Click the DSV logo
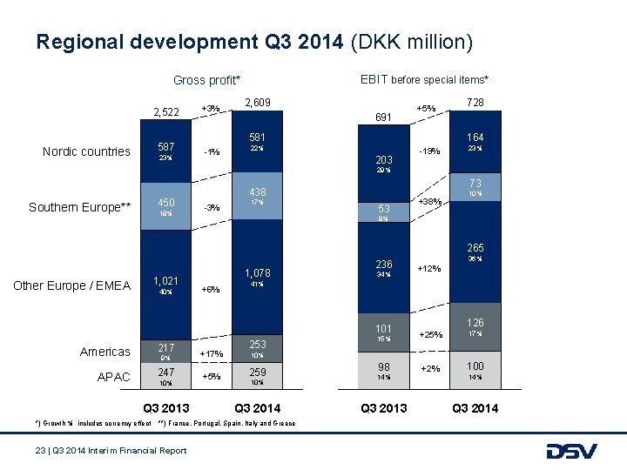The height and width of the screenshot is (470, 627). tap(571, 451)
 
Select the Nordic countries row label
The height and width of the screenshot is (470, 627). tap(87, 151)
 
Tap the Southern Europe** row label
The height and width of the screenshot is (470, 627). tap(79, 206)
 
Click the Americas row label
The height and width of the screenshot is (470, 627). tap(104, 352)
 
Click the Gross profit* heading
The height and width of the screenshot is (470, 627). tap(206, 80)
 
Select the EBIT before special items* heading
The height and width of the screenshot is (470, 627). tap(424, 79)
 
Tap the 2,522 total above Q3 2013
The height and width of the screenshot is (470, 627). tap(165, 111)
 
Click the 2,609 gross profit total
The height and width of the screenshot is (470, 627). tap(257, 103)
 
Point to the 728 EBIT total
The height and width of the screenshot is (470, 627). tap(475, 102)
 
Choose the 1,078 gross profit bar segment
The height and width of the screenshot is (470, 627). tap(257, 279)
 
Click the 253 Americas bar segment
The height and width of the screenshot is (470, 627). tap(257, 348)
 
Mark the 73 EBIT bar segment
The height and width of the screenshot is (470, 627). tap(475, 188)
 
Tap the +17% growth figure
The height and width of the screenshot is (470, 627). tap(210, 353)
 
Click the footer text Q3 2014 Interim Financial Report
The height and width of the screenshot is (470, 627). tap(111, 450)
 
